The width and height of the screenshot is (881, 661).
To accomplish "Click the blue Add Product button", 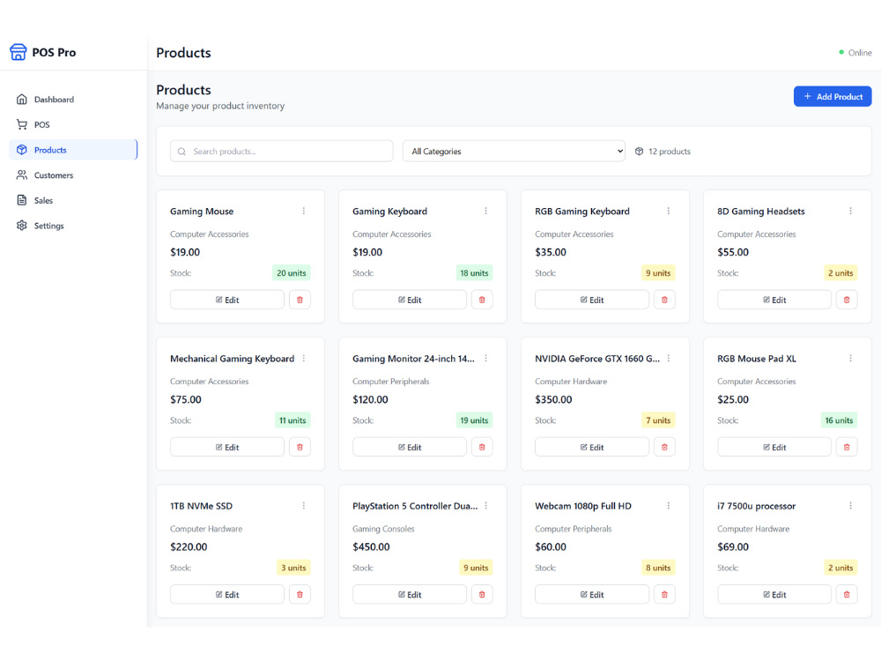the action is [x=833, y=96].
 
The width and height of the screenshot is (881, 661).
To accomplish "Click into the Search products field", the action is [x=282, y=152].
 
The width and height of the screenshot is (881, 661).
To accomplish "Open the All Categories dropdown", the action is [x=514, y=152].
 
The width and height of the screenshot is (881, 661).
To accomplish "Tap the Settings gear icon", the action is [x=22, y=226].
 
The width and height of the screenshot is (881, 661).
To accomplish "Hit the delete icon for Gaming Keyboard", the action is [x=482, y=300].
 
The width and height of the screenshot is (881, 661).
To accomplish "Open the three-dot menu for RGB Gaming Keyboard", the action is [x=669, y=211].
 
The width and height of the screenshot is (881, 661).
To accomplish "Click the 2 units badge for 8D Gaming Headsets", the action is [x=840, y=273].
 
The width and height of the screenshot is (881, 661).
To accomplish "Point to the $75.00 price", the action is [x=186, y=399].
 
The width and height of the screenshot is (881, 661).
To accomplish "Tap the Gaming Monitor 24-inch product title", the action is [x=413, y=359].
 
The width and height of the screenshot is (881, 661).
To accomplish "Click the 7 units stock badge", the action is [x=658, y=420].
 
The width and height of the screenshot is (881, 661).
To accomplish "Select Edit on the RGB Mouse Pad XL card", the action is [x=774, y=447].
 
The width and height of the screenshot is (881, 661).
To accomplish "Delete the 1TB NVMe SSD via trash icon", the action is [x=300, y=594].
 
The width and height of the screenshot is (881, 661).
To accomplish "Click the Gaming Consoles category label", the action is [x=383, y=529].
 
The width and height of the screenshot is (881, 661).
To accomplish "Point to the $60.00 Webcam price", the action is [x=551, y=547].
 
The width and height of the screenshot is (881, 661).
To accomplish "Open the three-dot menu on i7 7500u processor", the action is [x=851, y=506].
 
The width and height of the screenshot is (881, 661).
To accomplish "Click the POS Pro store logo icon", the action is [x=18, y=52].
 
